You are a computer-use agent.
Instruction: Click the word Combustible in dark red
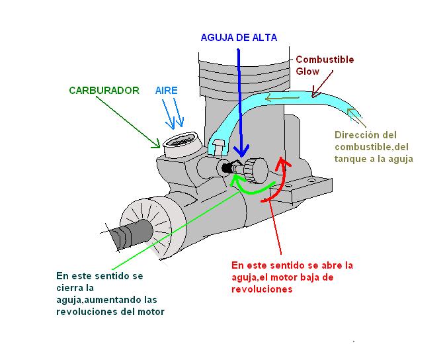pos(325,60)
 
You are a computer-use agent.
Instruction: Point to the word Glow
pos(307,71)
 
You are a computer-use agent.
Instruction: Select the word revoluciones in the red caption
pos(262,289)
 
